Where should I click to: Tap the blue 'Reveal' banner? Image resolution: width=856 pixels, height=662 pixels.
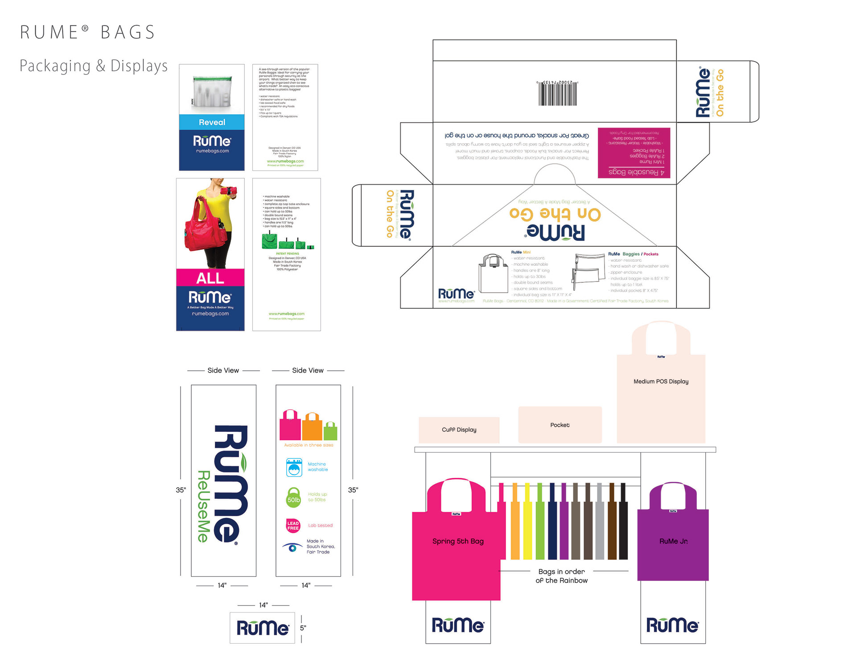pyautogui.click(x=212, y=122)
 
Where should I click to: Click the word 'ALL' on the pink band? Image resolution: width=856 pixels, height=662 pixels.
pyautogui.click(x=210, y=278)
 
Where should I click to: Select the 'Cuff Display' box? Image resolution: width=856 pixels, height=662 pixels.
pyautogui.click(x=459, y=430)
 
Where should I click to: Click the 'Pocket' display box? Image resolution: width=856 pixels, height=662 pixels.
pyautogui.click(x=560, y=425)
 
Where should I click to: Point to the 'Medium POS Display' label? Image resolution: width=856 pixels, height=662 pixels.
pyautogui.click(x=661, y=381)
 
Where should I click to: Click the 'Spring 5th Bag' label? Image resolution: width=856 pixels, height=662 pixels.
pyautogui.click(x=458, y=541)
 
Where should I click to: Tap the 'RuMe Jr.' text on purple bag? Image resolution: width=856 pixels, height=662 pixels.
pyautogui.click(x=673, y=541)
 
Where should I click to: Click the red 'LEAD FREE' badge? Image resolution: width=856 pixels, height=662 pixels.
pyautogui.click(x=293, y=525)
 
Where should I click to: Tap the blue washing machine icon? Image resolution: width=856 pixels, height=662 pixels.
pyautogui.click(x=294, y=468)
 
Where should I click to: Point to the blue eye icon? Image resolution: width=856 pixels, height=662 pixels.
pyautogui.click(x=292, y=547)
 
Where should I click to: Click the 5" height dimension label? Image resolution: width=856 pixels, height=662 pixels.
pyautogui.click(x=303, y=628)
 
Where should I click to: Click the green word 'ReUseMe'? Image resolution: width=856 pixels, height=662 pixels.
pyautogui.click(x=203, y=506)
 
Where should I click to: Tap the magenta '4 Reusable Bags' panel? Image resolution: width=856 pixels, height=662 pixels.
pyautogui.click(x=634, y=153)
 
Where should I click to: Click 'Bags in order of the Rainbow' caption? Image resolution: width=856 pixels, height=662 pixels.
pyautogui.click(x=561, y=576)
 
